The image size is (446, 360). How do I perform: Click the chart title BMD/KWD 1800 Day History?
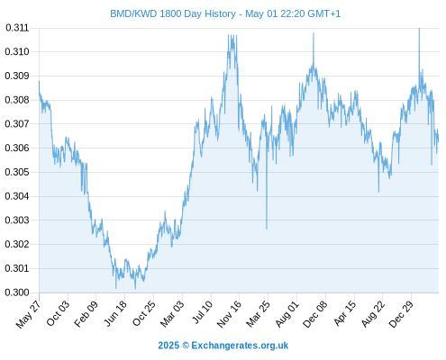[x=173, y=13]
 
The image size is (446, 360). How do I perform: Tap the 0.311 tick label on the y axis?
[x=17, y=28]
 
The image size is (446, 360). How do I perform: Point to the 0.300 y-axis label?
[x=17, y=292]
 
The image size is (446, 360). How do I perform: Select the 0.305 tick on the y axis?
[x=17, y=172]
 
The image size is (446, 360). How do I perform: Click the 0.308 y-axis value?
[x=17, y=100]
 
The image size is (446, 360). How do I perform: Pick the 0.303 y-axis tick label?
[x=17, y=220]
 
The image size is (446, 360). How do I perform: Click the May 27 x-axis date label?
[x=28, y=314]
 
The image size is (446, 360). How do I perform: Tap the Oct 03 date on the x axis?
[x=59, y=313]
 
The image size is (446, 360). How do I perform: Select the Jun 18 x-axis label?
[x=115, y=313]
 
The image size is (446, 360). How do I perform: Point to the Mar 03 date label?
[x=172, y=313]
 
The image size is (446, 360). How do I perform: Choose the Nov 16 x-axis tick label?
[x=229, y=313]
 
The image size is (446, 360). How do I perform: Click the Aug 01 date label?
[x=287, y=313]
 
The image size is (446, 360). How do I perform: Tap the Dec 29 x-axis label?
[x=401, y=313]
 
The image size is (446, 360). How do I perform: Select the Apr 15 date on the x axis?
[x=344, y=313]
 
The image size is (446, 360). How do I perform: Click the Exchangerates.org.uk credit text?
[x=240, y=346]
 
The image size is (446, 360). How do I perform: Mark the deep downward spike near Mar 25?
[x=267, y=229]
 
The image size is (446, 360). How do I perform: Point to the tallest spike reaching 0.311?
[x=419, y=29]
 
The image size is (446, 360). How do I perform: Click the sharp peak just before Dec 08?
[x=314, y=33]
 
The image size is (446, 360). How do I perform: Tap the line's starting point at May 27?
[x=39, y=81]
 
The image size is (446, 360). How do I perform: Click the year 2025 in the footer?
[x=168, y=346]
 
